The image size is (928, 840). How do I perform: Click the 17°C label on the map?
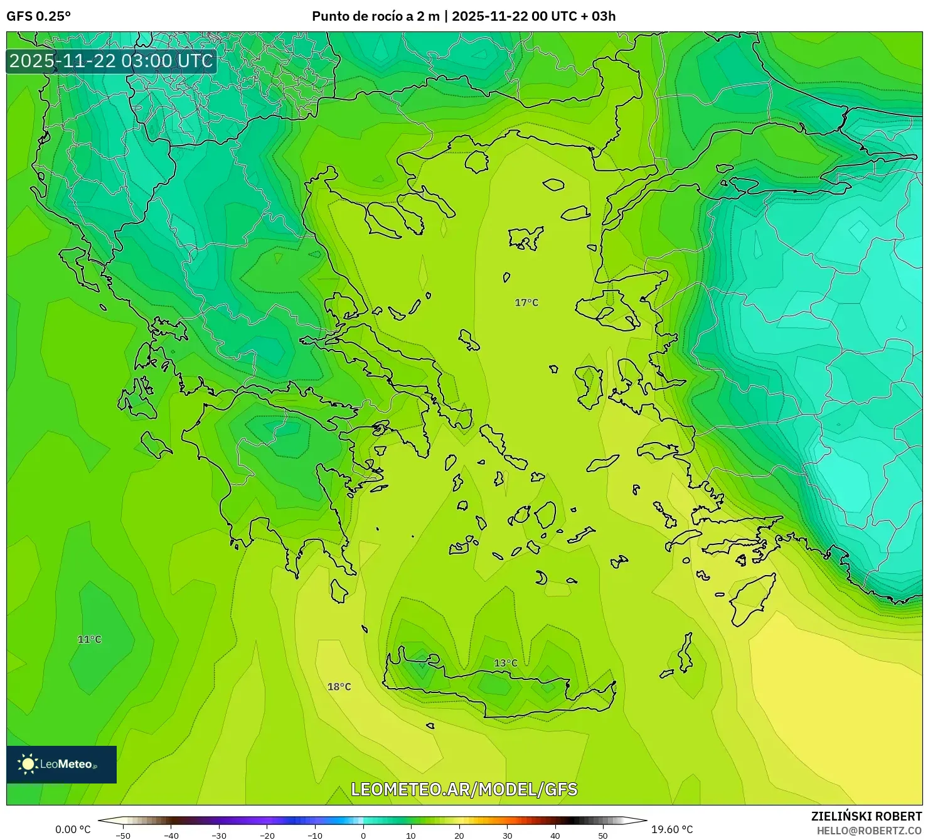click(526, 303)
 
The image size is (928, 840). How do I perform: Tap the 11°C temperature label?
click(89, 639)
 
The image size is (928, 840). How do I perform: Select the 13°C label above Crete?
click(506, 663)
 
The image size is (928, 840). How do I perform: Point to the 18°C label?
click(339, 687)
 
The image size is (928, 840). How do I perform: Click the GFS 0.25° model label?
click(39, 16)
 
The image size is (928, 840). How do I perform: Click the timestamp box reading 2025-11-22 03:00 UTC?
click(111, 61)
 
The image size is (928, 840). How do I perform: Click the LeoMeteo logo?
click(61, 764)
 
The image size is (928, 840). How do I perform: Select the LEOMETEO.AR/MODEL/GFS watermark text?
click(464, 789)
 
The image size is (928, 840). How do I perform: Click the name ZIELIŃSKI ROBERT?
click(866, 816)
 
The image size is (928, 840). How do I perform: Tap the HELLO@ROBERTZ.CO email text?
click(869, 831)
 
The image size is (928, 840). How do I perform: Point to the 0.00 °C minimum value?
click(73, 829)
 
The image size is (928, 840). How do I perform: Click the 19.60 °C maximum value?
click(672, 829)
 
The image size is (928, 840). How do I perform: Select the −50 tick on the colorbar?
click(123, 836)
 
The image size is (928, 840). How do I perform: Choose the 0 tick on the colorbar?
click(363, 836)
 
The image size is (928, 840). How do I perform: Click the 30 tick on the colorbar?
click(507, 836)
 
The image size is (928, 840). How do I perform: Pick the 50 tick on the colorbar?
click(603, 836)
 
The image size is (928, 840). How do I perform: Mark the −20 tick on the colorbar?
click(267, 836)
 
